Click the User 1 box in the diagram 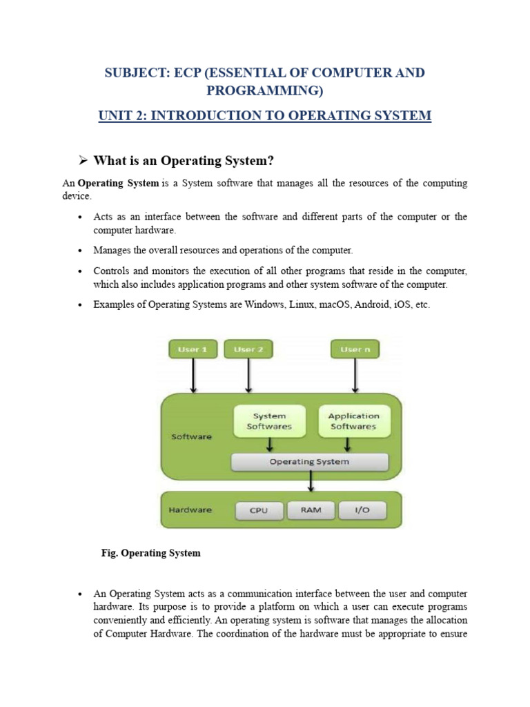point(193,349)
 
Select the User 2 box point(248,349)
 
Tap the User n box point(355,349)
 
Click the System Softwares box point(269,421)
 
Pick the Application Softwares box point(353,421)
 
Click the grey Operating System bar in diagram point(309,461)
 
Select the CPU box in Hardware point(259,511)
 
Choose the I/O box point(362,510)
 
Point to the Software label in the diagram point(191,437)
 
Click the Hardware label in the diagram point(190,510)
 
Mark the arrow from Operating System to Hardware point(312,480)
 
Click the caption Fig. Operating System point(150,553)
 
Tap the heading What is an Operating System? point(184,161)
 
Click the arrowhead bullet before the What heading point(83,161)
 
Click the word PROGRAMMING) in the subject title point(265,90)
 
